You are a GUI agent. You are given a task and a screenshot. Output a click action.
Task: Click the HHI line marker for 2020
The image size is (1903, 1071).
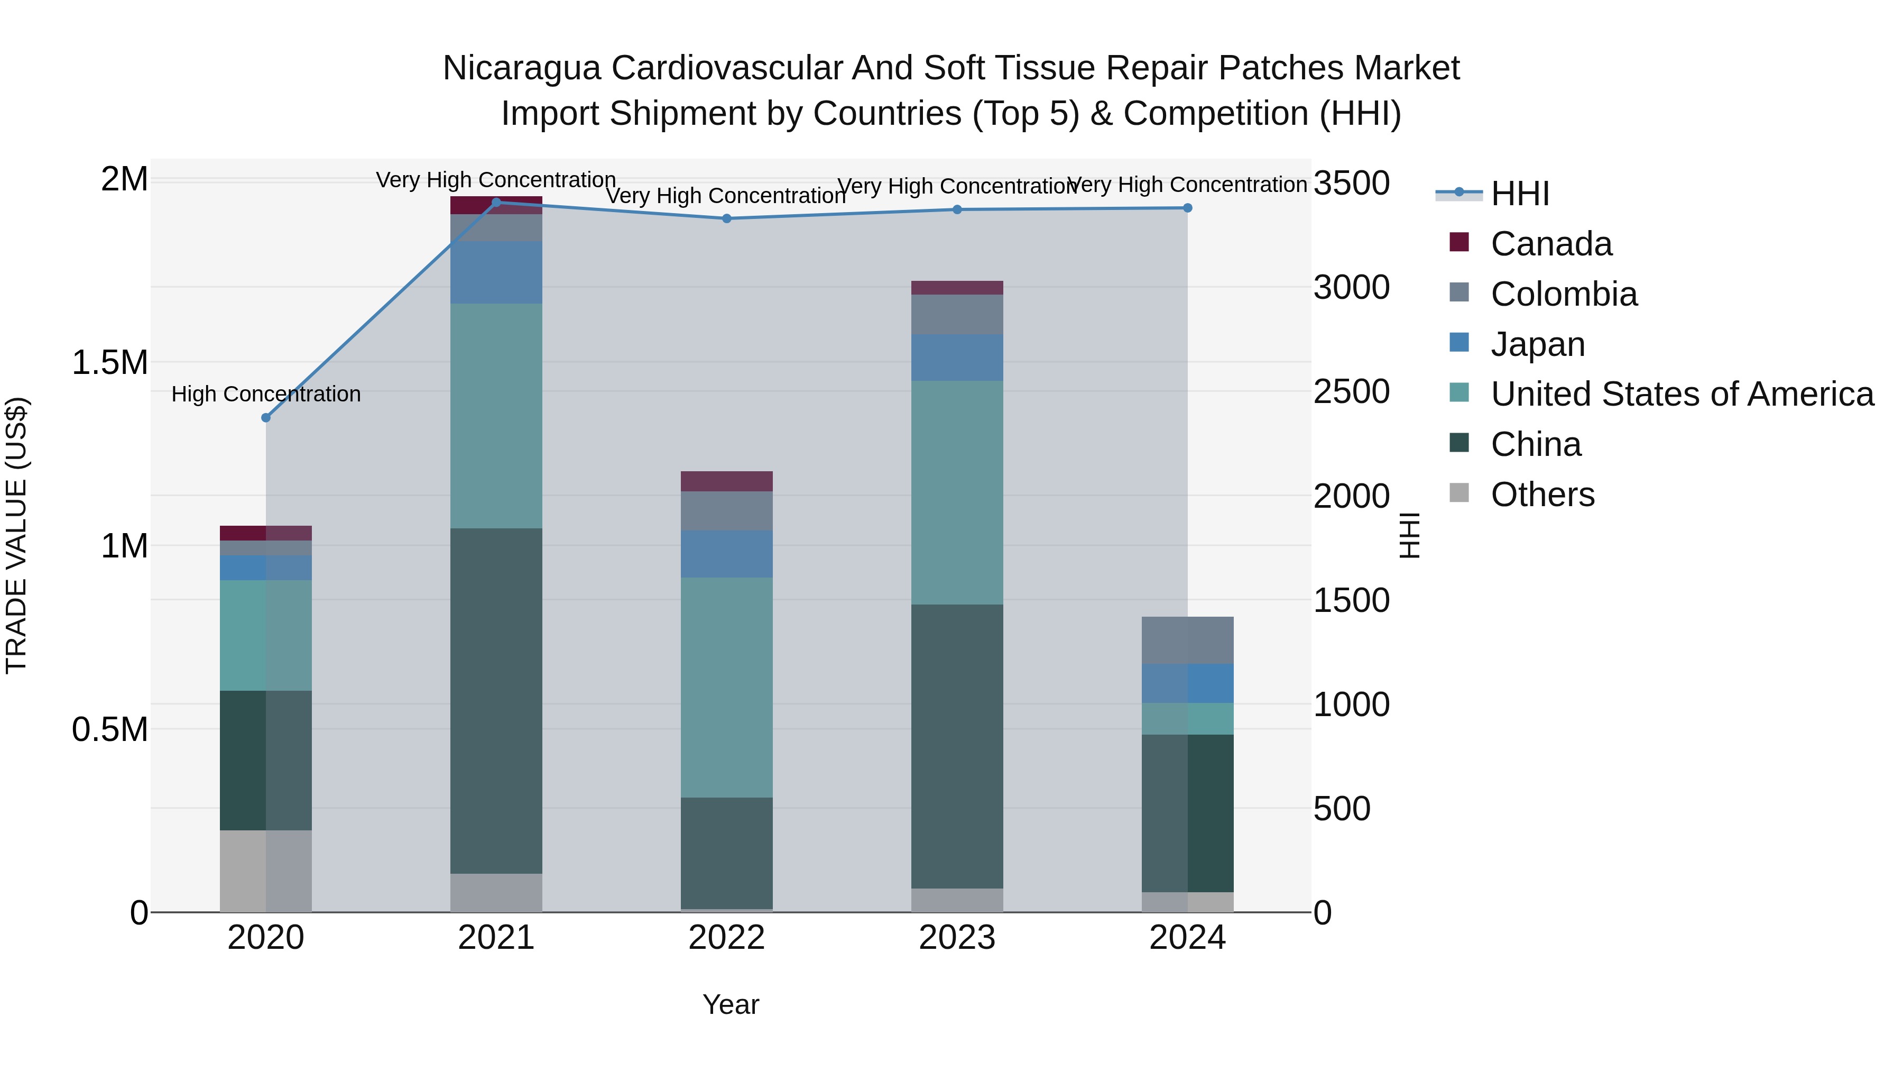pos(266,418)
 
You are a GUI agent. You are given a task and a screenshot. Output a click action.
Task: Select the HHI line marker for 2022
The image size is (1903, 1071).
pos(727,219)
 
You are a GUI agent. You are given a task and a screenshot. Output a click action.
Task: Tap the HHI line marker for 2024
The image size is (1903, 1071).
pos(1187,208)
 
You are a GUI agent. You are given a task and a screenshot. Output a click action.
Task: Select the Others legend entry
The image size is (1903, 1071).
pos(1542,495)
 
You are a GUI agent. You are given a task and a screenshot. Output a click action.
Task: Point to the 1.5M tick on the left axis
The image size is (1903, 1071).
pos(109,363)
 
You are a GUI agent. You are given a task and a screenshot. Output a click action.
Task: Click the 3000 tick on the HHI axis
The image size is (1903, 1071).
pos(1351,288)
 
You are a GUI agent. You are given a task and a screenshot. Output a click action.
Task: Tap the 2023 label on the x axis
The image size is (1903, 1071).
pos(957,938)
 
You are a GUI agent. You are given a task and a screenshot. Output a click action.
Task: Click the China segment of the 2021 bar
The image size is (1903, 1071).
pos(496,701)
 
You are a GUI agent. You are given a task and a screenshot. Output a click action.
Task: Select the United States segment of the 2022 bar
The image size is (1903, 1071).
pos(727,688)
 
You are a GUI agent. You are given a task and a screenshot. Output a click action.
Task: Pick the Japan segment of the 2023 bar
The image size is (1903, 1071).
pos(957,358)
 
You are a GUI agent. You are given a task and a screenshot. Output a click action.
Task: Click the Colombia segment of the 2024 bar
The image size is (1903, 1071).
pos(1187,640)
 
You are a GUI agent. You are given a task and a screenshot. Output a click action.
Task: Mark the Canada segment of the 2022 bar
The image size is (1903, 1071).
pos(727,481)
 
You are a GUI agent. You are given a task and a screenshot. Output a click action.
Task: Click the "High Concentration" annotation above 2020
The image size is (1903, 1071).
pos(266,394)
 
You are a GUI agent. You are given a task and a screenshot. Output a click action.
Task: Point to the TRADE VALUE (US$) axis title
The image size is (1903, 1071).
pos(16,535)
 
